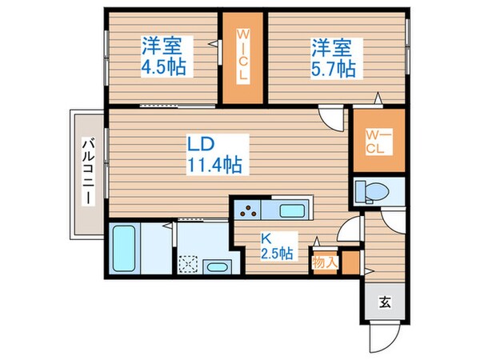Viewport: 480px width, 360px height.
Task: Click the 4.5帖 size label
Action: (x=166, y=66)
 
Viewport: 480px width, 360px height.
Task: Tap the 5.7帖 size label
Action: (x=334, y=68)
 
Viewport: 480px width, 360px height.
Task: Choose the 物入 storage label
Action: (x=324, y=261)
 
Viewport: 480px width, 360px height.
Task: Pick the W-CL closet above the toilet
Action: (x=378, y=142)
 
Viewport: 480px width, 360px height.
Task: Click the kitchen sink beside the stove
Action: (x=293, y=211)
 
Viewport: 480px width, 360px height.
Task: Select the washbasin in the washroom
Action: (x=217, y=267)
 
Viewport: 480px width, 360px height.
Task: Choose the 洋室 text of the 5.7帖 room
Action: (x=333, y=47)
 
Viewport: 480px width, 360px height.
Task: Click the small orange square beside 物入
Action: (x=347, y=262)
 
